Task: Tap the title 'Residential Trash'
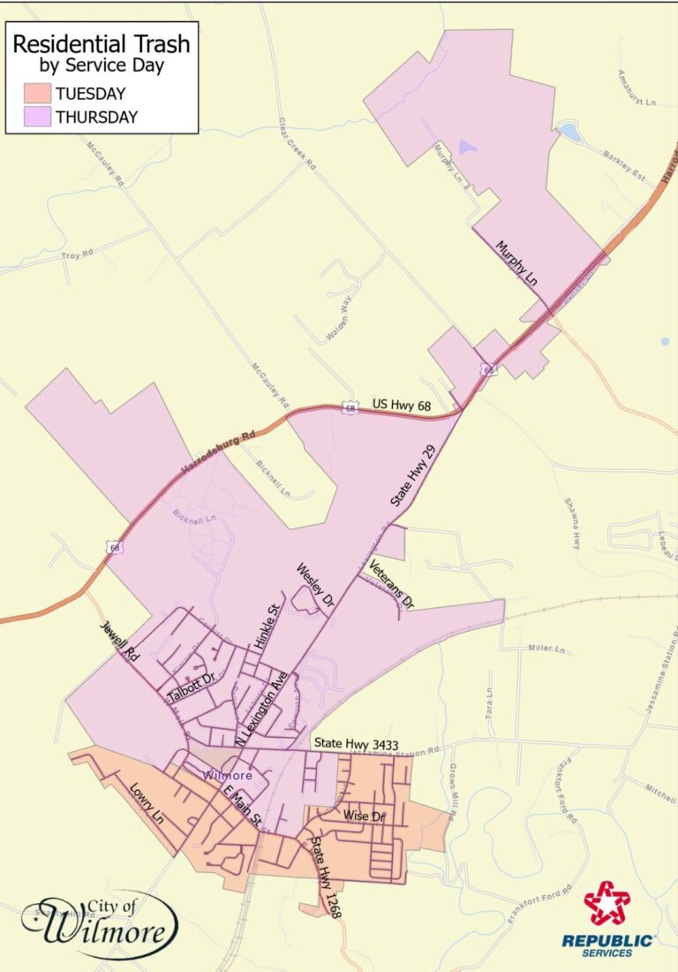coord(101,44)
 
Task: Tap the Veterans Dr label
coord(391,584)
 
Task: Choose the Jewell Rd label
coord(119,642)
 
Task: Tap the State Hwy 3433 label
coord(357,746)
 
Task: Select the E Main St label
coord(243,805)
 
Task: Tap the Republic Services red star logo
coord(607,903)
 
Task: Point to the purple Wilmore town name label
coord(229,775)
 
